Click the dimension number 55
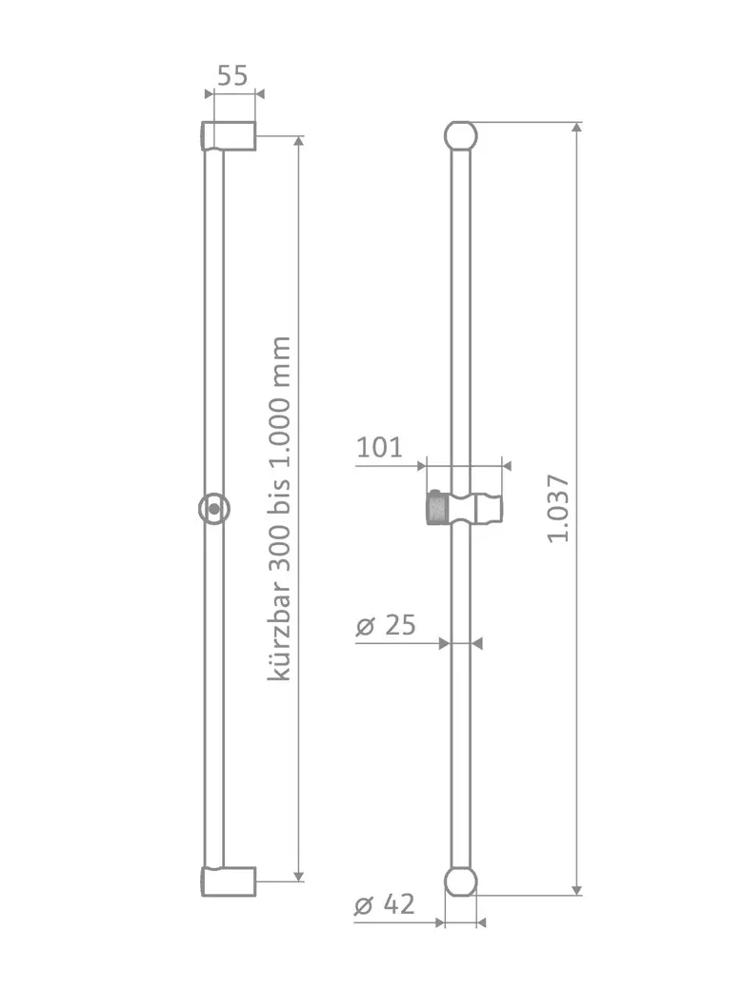232,75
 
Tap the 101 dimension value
379,448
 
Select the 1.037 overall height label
558,508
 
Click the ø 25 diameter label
386,625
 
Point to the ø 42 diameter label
385,904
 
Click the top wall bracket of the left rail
229,136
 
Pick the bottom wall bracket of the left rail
229,881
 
